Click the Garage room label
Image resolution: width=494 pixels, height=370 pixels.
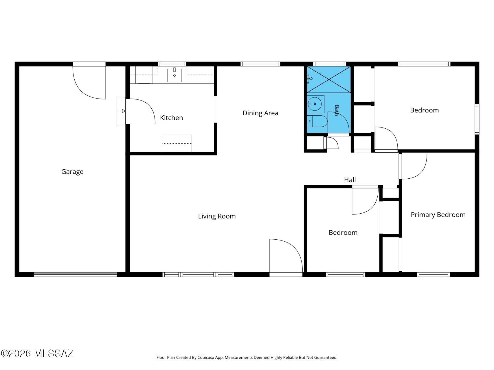[72, 172]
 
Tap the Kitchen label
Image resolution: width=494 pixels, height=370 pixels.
[171, 118]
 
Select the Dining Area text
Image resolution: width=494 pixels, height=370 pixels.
[260, 113]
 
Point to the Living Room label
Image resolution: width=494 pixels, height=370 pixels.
[217, 216]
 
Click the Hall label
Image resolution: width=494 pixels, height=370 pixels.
[350, 180]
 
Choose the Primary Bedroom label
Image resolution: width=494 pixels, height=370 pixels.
[438, 215]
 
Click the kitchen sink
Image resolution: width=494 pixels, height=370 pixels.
[175, 75]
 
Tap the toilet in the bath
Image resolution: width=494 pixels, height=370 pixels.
[317, 121]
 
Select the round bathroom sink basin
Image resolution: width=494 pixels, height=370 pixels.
[315, 104]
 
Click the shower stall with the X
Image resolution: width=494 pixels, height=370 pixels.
[329, 79]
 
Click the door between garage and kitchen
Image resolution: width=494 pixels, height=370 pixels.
[142, 111]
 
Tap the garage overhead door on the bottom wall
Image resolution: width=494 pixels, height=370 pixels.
[75, 275]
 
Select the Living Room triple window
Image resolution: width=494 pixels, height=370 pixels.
[198, 275]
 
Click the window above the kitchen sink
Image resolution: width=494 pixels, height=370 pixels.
[172, 64]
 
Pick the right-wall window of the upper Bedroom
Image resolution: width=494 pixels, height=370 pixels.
[477, 119]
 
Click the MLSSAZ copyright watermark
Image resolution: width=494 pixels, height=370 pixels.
[37, 353]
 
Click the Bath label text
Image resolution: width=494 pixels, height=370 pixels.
[337, 110]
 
